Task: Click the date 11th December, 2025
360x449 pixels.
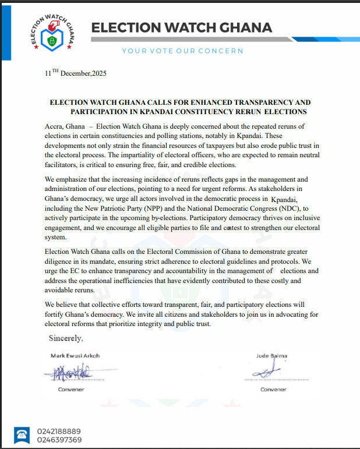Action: [75, 75]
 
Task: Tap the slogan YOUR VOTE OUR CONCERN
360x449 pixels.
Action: [182, 51]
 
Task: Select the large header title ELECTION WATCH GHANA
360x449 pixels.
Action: [182, 28]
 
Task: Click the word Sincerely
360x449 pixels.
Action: [66, 338]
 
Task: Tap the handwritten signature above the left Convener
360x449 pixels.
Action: [69, 372]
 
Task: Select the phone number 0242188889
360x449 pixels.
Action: [59, 431]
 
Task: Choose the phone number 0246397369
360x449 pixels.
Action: [59, 440]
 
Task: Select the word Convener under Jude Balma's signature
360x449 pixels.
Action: [273, 389]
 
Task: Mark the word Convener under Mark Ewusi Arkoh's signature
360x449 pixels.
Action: [72, 389]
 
